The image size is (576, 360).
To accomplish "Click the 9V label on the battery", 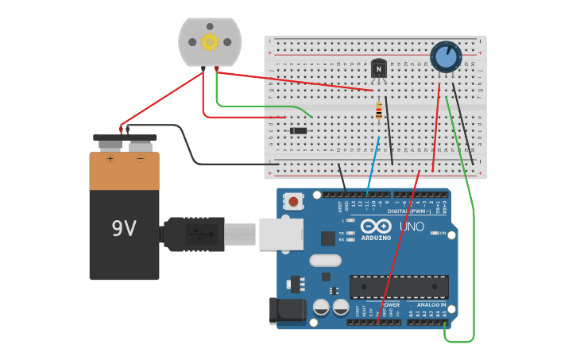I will click(124, 229).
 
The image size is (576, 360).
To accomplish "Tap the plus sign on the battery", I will click(110, 158).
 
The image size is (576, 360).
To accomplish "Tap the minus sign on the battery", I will click(140, 158).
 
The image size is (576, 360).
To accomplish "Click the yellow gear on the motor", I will click(210, 41).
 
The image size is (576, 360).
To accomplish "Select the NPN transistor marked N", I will click(379, 69).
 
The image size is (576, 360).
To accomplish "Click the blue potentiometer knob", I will click(446, 56).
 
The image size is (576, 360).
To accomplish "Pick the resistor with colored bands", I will click(379, 110).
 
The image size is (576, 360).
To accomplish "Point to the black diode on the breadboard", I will click(299, 130).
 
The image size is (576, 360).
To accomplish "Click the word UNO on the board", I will click(411, 226).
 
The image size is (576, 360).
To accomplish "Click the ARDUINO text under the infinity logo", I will click(376, 238).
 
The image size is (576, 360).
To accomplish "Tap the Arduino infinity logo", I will click(376, 226).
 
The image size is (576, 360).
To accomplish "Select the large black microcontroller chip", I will click(399, 287).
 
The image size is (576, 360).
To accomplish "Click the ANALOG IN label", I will click(431, 304).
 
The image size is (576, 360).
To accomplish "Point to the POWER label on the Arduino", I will click(391, 304).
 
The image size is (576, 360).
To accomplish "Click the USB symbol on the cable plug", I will click(199, 234).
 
